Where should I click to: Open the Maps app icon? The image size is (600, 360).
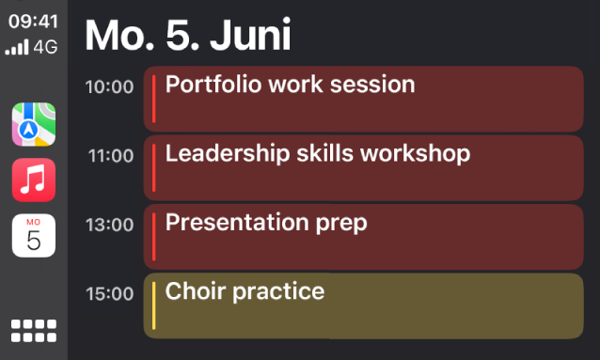click(x=34, y=125)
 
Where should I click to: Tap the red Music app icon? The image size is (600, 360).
click(x=34, y=180)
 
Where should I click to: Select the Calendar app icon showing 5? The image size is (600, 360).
click(x=34, y=235)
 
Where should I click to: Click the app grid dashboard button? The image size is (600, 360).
click(x=34, y=330)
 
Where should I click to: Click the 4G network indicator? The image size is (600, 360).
click(x=45, y=44)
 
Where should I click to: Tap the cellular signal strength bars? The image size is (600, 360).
click(x=17, y=45)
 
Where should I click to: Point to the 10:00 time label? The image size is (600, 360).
click(x=110, y=87)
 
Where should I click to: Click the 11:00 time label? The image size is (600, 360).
click(x=110, y=156)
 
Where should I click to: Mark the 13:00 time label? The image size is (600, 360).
click(x=110, y=225)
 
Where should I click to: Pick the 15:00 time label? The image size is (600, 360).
click(x=110, y=294)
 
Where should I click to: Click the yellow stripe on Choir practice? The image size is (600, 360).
click(x=153, y=305)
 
